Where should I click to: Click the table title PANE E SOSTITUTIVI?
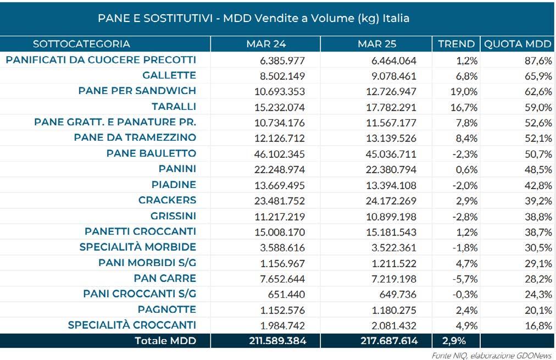[x=253, y=18]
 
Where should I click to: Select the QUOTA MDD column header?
[x=516, y=43]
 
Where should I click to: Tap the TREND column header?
[x=456, y=43]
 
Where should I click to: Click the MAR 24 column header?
[x=266, y=43]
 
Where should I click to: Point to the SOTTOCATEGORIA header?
[x=81, y=43]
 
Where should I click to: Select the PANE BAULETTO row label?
[x=151, y=153]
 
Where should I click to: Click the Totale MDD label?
[x=165, y=341]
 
